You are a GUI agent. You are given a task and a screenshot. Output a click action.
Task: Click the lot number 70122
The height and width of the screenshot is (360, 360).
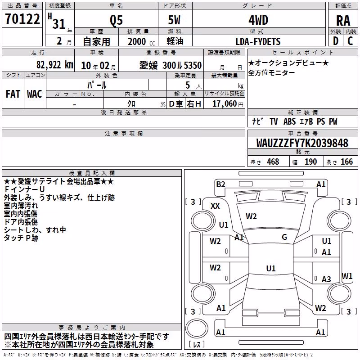[x=22, y=19]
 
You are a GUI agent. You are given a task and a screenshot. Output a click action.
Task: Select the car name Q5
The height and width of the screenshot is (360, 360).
[x=116, y=20]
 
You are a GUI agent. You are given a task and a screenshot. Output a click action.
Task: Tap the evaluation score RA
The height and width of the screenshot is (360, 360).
[x=343, y=21]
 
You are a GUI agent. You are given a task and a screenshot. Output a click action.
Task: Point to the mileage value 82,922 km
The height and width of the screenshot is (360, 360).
[x=55, y=65]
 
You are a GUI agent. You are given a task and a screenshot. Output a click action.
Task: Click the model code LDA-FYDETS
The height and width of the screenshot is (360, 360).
[x=258, y=41]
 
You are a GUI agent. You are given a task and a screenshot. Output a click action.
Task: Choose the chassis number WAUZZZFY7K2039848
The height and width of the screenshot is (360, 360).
[x=302, y=143]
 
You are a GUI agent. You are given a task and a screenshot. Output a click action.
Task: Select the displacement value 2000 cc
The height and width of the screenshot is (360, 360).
[x=141, y=41]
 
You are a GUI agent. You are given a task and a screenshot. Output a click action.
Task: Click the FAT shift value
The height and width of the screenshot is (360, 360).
[x=13, y=94]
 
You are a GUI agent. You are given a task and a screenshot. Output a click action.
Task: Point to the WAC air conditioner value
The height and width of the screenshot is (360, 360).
[x=35, y=94]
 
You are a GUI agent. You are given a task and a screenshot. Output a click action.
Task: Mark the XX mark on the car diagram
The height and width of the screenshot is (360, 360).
[x=215, y=206]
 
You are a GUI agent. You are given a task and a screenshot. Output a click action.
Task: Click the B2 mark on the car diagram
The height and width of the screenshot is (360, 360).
[x=220, y=184]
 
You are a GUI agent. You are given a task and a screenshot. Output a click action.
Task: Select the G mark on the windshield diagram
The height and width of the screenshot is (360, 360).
[x=284, y=237]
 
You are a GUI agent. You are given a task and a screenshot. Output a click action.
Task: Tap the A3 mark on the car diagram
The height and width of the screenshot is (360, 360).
[x=326, y=279]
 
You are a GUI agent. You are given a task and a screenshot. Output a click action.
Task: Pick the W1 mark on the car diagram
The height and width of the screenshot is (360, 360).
[x=347, y=276]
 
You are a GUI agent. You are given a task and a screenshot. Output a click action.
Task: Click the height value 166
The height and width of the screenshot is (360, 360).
[x=346, y=162]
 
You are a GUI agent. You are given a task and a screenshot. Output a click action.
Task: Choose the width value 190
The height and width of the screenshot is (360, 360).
[x=310, y=162]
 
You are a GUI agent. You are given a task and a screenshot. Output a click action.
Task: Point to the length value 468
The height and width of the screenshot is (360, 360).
[x=273, y=162]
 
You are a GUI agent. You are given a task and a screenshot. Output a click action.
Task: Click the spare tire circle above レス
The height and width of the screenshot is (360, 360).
[x=197, y=328]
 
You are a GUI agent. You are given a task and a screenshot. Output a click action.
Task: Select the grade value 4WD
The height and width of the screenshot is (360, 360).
[x=258, y=20]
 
